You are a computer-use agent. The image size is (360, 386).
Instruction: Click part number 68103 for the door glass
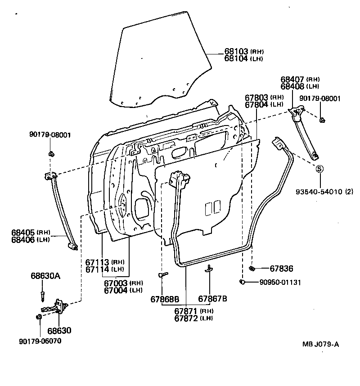click(236, 51)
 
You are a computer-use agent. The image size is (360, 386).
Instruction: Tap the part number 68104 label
click(236, 58)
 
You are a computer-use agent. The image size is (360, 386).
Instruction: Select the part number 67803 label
click(257, 97)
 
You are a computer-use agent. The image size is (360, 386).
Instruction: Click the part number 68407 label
click(292, 79)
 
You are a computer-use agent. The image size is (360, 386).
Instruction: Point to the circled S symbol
click(319, 169)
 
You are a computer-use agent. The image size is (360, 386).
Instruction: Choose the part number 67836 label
click(281, 269)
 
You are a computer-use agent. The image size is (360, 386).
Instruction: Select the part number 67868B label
click(165, 298)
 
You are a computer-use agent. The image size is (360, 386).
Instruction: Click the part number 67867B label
click(212, 298)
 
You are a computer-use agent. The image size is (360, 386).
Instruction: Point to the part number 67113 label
click(98, 262)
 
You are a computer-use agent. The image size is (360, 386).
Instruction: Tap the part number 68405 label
click(23, 232)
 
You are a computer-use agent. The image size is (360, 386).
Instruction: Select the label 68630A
click(45, 276)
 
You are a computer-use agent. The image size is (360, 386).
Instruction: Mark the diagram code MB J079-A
click(320, 345)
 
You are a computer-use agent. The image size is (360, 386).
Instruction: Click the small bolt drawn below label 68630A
click(42, 294)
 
